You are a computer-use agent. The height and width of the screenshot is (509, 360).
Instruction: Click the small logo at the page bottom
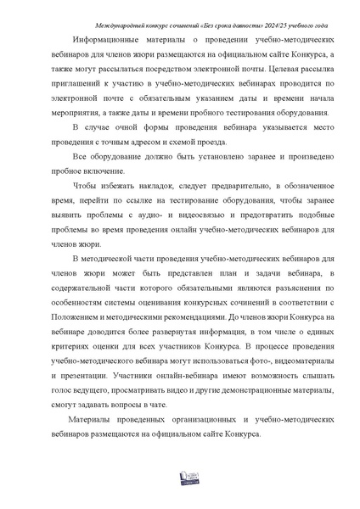(179, 479)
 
